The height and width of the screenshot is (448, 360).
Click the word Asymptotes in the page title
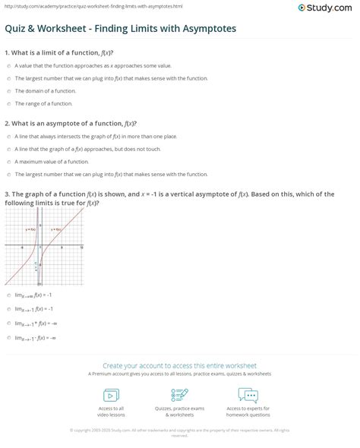coord(207,28)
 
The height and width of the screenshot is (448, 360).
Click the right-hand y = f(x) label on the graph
coord(56,229)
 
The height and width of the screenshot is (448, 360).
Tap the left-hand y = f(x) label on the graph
coord(30,229)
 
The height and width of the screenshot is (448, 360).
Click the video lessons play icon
coord(111,395)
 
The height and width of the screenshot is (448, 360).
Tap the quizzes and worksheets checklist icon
coord(180,395)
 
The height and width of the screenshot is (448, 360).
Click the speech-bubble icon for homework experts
coord(248,395)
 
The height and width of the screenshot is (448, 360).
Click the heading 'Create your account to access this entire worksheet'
coord(180,365)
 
